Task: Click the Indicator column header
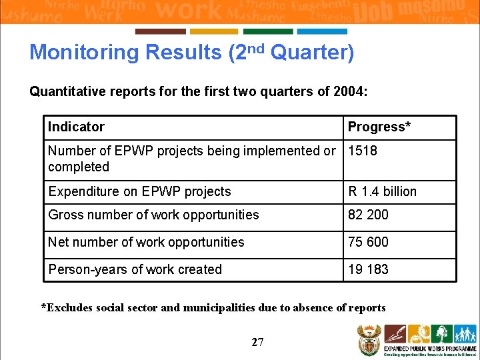coord(76,127)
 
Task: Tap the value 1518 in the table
coord(363,151)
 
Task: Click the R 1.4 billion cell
coord(382,191)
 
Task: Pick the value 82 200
coord(368,215)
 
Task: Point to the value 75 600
coord(368,242)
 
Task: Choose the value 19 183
coord(368,269)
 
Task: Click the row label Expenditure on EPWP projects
coord(139,191)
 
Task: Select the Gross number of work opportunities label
coord(153,215)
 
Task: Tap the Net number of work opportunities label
coord(146,242)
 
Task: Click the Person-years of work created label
coord(135,269)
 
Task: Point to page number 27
coord(257,342)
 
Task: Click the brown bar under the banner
coord(161,31)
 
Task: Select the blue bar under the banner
coord(322,31)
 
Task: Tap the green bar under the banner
coord(268,31)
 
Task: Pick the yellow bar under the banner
coord(214,31)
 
